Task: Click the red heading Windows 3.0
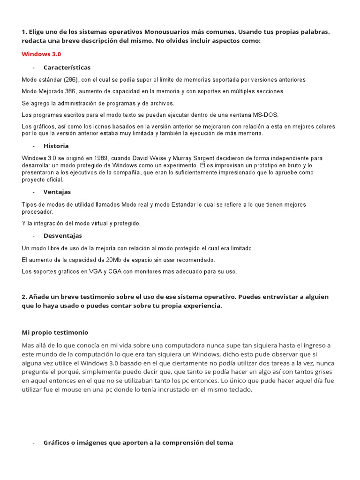coord(41,54)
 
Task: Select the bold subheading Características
coord(67,67)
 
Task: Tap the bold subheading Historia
coord(56,146)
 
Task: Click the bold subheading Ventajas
coord(57,192)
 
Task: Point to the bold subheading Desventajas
coord(63,235)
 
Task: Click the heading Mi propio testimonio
coord(55,332)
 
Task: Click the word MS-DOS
coord(266,114)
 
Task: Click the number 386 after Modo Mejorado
coord(70,91)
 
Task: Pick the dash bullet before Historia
coord(34,146)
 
